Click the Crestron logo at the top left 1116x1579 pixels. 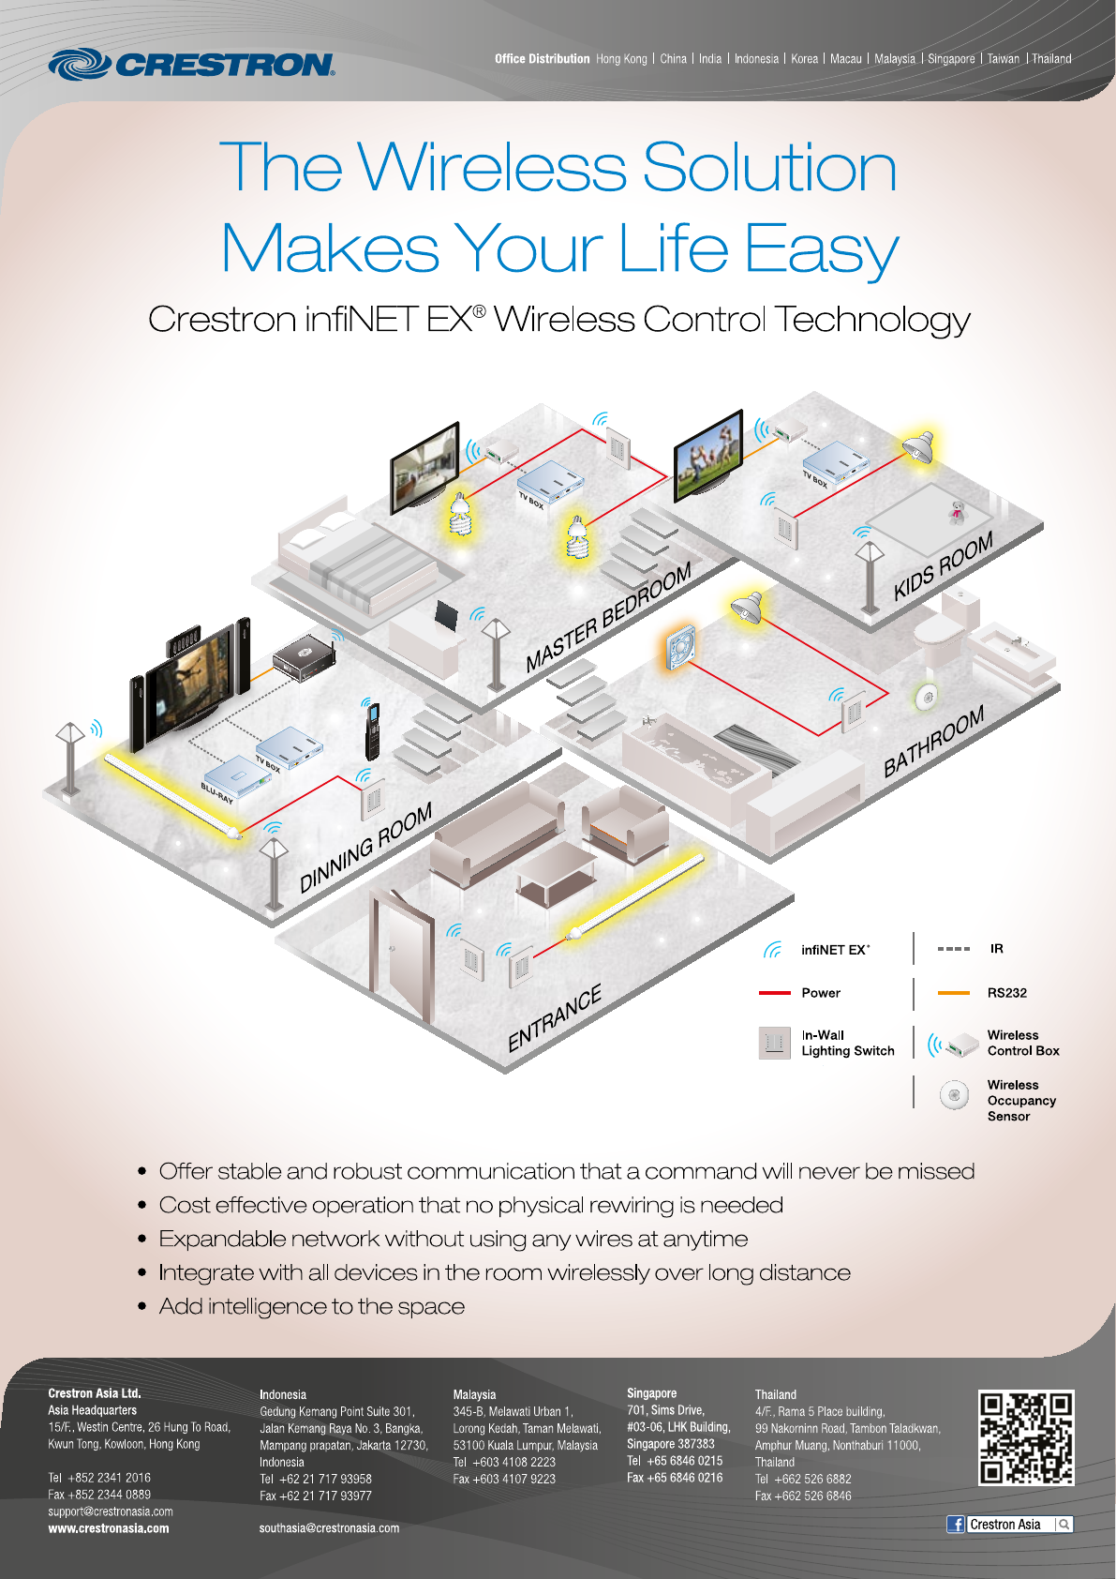(191, 64)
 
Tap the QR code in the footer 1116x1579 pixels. (1026, 1437)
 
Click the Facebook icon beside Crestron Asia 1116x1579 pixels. (956, 1524)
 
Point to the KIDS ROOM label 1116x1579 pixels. (943, 566)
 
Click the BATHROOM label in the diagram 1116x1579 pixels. (933, 741)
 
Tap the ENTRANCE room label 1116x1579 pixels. (555, 1018)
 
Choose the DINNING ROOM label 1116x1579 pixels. (365, 847)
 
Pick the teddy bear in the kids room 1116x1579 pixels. (957, 511)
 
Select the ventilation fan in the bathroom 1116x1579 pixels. (679, 647)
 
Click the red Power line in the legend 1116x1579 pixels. (775, 992)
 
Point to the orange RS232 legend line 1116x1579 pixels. (953, 992)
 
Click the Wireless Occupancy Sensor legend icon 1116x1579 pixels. (954, 1094)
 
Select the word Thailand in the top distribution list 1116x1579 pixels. (1051, 58)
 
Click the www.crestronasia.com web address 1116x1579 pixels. (109, 1528)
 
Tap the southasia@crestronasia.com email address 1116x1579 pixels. (329, 1528)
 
